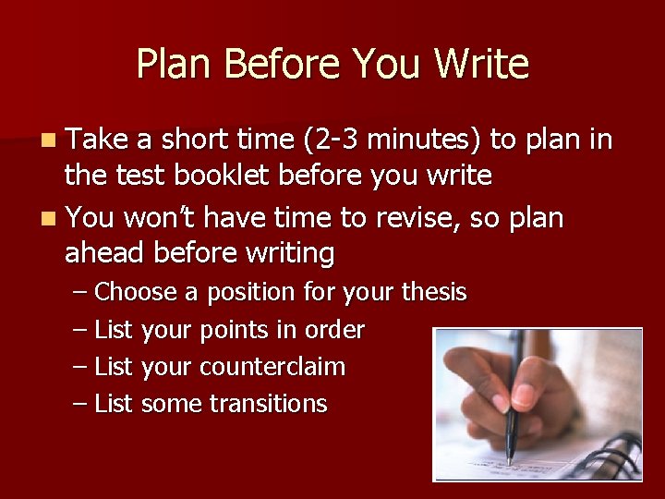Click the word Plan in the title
click(x=175, y=65)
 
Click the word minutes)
click(x=428, y=140)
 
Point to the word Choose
click(x=136, y=293)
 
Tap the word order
click(x=339, y=330)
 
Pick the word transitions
click(x=268, y=404)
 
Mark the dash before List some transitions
click(x=80, y=404)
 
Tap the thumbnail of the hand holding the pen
click(x=538, y=404)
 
